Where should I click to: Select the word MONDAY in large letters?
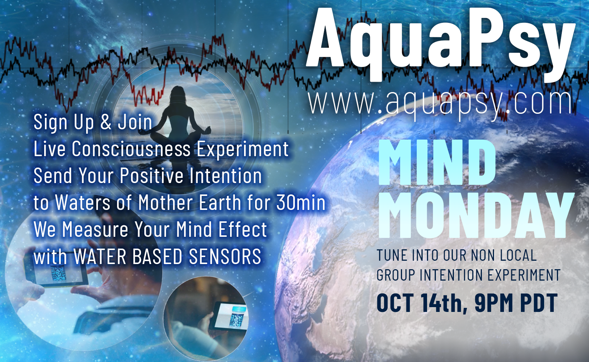pyautogui.click(x=476, y=216)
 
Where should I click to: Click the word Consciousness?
pyautogui.click(x=131, y=149)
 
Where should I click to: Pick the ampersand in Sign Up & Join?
pyautogui.click(x=106, y=122)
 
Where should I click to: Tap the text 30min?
pyautogui.click(x=301, y=203)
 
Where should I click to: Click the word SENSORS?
pyautogui.click(x=225, y=256)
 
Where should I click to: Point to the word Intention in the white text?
pyautogui.click(x=226, y=176)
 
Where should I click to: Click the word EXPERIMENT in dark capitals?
pyautogui.click(x=524, y=275)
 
